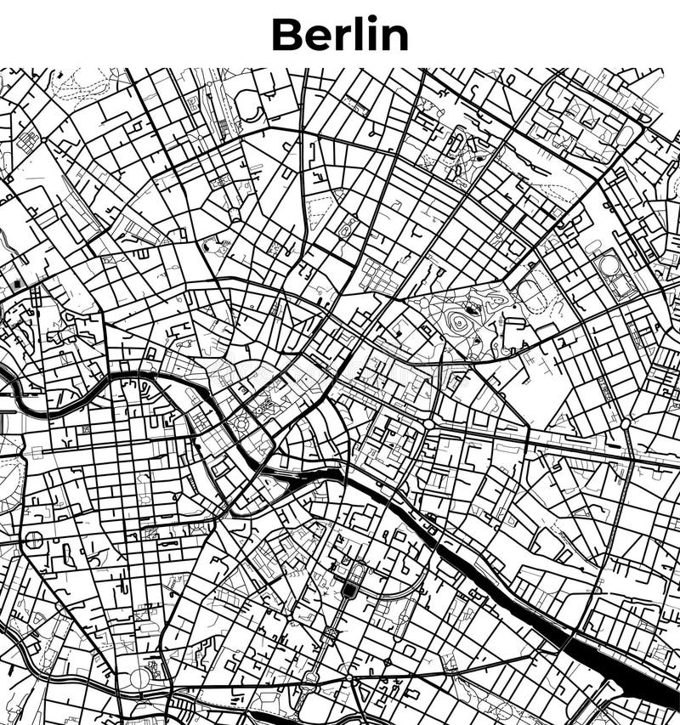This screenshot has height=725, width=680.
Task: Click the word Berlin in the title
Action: (340, 34)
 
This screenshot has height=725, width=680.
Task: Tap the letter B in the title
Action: (286, 35)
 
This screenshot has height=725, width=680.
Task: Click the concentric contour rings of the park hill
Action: (460, 321)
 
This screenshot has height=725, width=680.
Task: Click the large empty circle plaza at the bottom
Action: (139, 678)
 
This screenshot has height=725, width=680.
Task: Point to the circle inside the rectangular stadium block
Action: (611, 265)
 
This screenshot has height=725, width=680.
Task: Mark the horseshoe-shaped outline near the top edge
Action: (249, 106)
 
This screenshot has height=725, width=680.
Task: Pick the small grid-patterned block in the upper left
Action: (28, 140)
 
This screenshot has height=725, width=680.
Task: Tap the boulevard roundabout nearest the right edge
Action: (626, 423)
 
